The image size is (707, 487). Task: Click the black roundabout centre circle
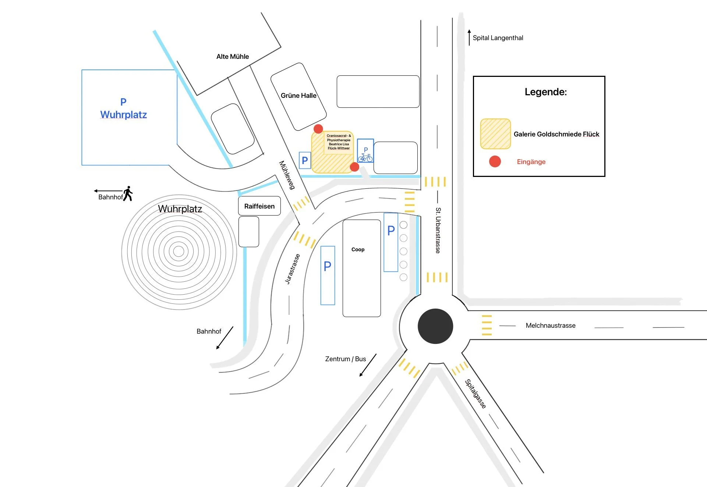point(435,326)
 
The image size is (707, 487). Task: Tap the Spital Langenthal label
point(498,38)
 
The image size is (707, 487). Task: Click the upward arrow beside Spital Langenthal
point(469,38)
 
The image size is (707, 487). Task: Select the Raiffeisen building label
point(259,206)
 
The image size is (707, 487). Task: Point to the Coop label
point(358,249)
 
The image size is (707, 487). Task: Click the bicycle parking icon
point(365,157)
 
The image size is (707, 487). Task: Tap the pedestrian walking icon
point(128,193)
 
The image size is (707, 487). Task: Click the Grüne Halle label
point(298,96)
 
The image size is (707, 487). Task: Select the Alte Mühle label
point(233,57)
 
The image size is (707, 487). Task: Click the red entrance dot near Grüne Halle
point(318,129)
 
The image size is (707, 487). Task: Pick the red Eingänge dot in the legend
point(495,161)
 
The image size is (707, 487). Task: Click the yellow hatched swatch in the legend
point(495,134)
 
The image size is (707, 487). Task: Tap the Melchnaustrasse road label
point(551,326)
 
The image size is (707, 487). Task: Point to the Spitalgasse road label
point(476,394)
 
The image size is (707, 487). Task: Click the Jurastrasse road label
point(293,269)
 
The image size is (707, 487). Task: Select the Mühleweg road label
point(287,175)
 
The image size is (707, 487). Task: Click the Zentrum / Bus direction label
point(346,359)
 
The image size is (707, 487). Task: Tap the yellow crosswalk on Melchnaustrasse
point(487,325)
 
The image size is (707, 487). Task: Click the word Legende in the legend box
point(545,92)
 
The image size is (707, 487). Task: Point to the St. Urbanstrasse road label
point(438,230)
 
